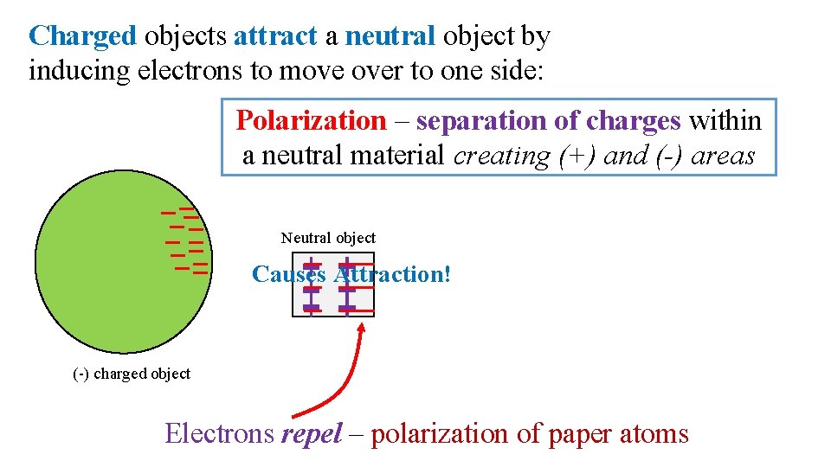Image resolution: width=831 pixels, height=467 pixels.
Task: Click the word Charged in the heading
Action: tap(82, 36)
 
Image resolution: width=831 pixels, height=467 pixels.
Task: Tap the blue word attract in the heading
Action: tap(275, 36)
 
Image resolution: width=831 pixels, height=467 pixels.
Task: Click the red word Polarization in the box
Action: tap(311, 121)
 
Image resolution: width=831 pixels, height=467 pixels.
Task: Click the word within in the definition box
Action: tap(725, 121)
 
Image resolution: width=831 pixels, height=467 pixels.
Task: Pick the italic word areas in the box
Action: tap(723, 156)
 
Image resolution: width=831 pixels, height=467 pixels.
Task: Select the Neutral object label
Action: tap(328, 238)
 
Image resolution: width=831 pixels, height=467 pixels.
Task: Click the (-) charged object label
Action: tap(132, 374)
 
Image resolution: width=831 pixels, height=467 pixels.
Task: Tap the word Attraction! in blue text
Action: tap(393, 275)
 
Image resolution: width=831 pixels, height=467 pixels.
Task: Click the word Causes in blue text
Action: tap(288, 275)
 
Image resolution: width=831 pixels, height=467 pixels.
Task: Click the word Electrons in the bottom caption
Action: tap(219, 432)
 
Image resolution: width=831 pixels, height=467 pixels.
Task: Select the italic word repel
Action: tap(312, 433)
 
